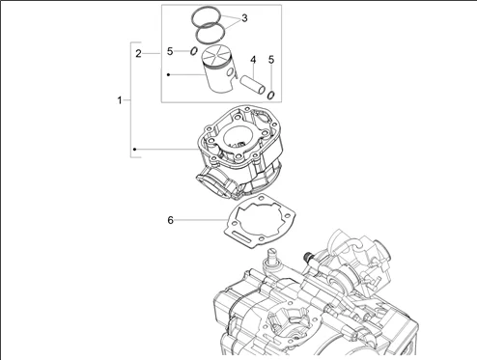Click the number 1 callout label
pos(120,99)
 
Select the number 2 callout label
pos(139,53)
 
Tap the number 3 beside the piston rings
pos(244,18)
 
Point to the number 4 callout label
pos(253,60)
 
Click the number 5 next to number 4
pos(271,60)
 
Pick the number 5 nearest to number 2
pos(169,51)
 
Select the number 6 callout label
pos(170,220)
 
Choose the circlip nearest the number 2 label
pos(194,51)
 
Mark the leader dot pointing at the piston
pos(167,73)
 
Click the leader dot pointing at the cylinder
pos(135,150)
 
